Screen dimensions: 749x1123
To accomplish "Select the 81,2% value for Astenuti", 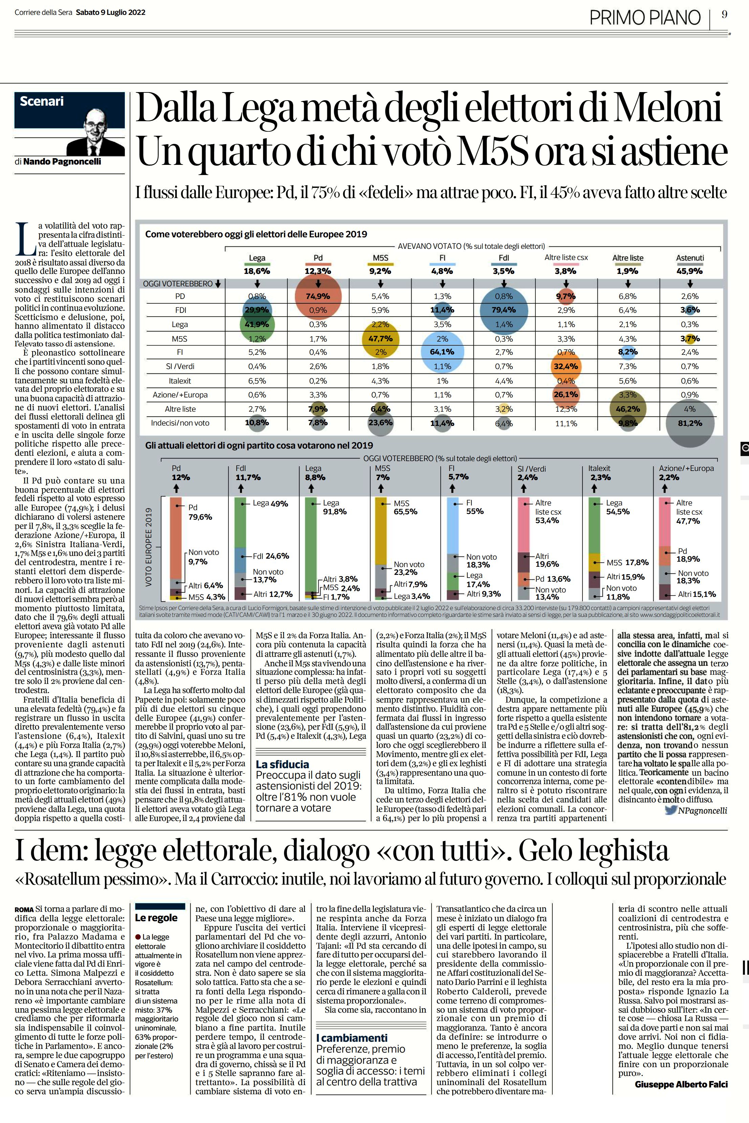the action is tap(690, 423).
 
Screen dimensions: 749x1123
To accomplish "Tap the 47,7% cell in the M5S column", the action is tap(381, 338).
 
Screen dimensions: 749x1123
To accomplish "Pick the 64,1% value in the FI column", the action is tap(442, 352).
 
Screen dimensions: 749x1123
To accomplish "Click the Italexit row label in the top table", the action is tap(180, 381).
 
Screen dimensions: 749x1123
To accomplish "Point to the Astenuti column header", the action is tap(690, 258).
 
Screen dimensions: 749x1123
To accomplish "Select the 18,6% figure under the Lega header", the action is tap(257, 271).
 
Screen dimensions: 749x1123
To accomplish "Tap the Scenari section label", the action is tap(42, 101).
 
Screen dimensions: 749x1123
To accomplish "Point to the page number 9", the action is tap(725, 15).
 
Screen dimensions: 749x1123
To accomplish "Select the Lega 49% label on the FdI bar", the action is tap(270, 503).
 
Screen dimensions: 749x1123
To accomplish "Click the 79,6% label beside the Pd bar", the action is tap(200, 517).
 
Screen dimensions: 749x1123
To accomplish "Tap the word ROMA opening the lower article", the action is tap(24, 910).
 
